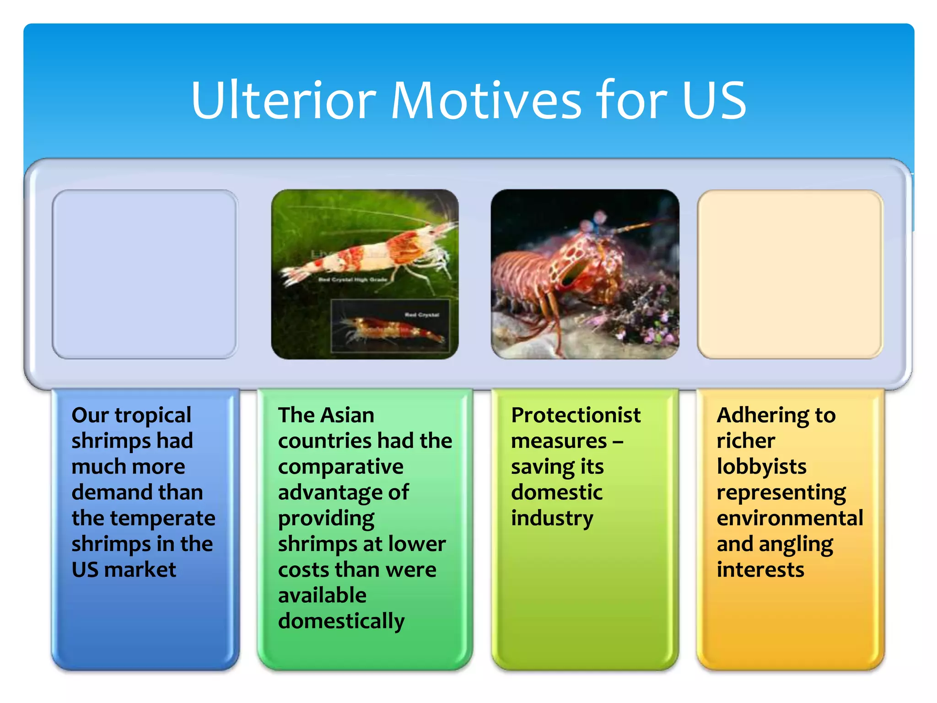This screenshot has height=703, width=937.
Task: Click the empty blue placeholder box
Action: point(145,274)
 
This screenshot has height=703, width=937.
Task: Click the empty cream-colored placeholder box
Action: point(790,274)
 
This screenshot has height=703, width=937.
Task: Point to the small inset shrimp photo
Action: point(390,326)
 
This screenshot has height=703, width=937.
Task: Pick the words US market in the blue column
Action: point(124,570)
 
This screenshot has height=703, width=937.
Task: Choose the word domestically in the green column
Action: point(341,622)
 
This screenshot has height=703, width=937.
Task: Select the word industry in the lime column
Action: point(552,519)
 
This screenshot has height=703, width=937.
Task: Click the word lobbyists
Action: point(761,467)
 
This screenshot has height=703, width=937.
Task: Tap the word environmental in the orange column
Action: point(790,519)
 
